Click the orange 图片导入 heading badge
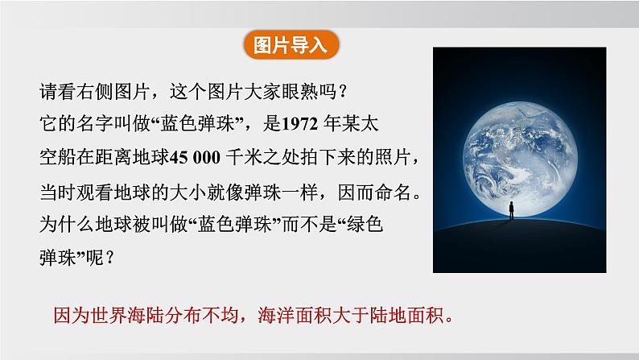pyautogui.click(x=291, y=44)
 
